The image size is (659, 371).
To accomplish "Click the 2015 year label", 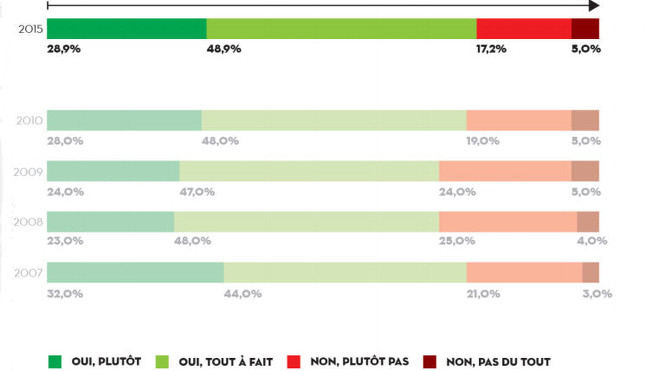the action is pyautogui.click(x=30, y=29).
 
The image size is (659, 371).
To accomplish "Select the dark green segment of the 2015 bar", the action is pyautogui.click(x=127, y=28).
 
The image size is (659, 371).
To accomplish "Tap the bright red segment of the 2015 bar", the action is pyautogui.click(x=524, y=28).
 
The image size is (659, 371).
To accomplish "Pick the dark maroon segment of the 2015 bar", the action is pyautogui.click(x=585, y=28).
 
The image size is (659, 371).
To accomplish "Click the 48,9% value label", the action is pyautogui.click(x=224, y=49).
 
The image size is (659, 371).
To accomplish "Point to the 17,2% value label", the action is pyautogui.click(x=491, y=49).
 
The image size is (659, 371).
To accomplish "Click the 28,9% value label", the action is pyautogui.click(x=64, y=49).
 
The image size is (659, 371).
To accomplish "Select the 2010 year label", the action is pyautogui.click(x=29, y=121).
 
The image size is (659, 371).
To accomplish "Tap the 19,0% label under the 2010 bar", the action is pyautogui.click(x=483, y=141).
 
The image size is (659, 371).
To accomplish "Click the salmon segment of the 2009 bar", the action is pyautogui.click(x=505, y=171).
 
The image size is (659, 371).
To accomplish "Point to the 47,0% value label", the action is pyautogui.click(x=197, y=192).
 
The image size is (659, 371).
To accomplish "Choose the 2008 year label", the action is pyautogui.click(x=28, y=222).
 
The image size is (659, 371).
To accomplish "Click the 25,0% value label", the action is pyautogui.click(x=457, y=241).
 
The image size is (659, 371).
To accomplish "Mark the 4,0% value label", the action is pyautogui.click(x=592, y=241).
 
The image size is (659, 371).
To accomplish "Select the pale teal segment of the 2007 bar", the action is pyautogui.click(x=136, y=272).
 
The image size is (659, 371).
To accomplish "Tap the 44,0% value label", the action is pyautogui.click(x=243, y=294).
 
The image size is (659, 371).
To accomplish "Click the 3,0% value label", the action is pyautogui.click(x=597, y=294).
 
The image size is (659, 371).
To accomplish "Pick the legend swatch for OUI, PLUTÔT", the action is pyautogui.click(x=55, y=362).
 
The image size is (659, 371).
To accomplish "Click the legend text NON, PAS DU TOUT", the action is pyautogui.click(x=498, y=362).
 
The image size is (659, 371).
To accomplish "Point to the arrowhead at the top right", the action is pyautogui.click(x=594, y=6).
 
